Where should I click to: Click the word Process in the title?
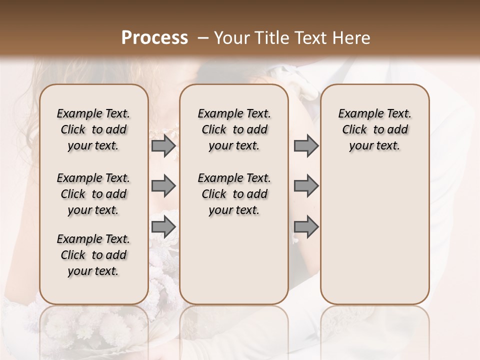coord(154,37)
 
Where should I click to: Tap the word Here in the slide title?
coord(352,38)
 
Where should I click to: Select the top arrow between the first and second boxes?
coord(163,145)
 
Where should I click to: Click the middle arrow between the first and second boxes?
coord(163,186)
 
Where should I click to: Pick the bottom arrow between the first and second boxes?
coord(163,226)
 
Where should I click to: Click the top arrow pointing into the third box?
coord(306,145)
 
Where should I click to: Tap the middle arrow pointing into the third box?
coord(306,186)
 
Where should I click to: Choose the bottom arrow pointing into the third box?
coord(306,226)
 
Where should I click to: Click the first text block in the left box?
coord(93,129)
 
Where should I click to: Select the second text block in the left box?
coord(93,194)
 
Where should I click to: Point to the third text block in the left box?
coord(93,255)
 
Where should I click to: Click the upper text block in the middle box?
coord(234,129)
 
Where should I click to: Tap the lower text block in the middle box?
coord(234,194)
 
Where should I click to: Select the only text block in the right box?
coord(375,129)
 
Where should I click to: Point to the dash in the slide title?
coord(203,38)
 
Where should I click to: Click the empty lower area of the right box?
coord(375,235)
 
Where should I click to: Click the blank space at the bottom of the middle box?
coord(234,265)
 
